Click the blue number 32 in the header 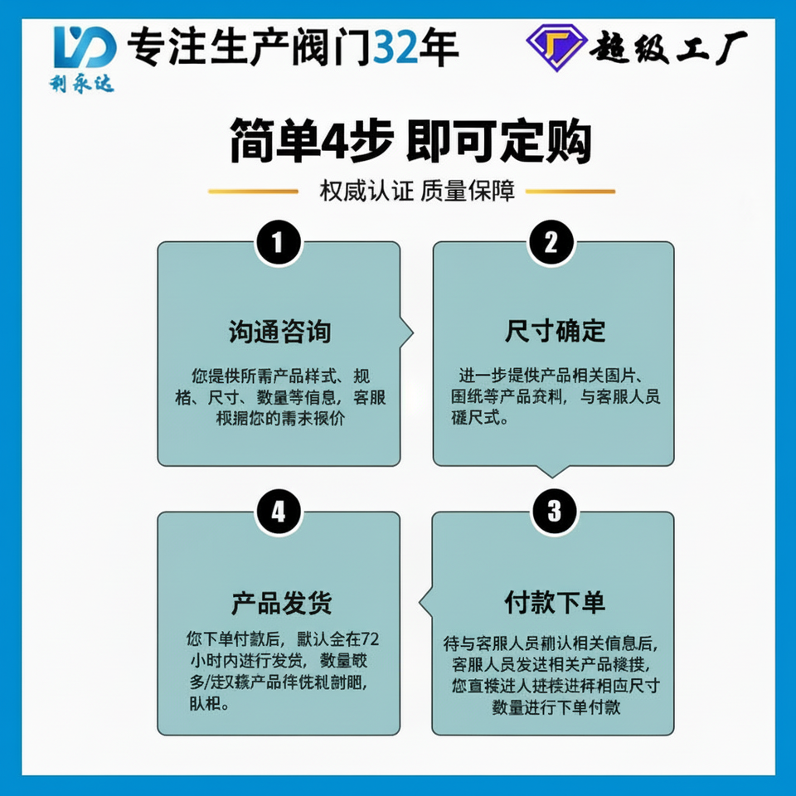click(x=396, y=47)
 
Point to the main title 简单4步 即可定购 click(x=410, y=142)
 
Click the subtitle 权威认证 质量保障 click(x=417, y=192)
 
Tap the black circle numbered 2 click(x=552, y=243)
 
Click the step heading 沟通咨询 click(x=279, y=332)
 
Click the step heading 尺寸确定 click(x=556, y=332)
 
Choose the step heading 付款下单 click(x=555, y=603)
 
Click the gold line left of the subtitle click(x=252, y=192)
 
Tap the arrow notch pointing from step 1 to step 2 click(x=407, y=333)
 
